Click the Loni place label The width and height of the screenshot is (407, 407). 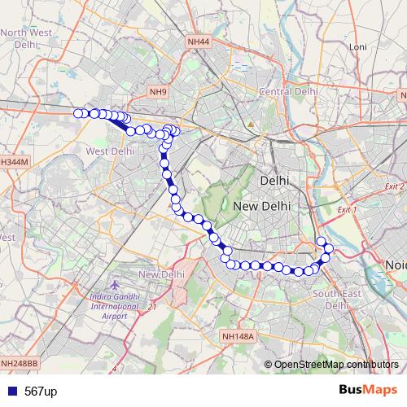click(358, 47)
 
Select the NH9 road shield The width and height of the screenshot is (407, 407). click(159, 93)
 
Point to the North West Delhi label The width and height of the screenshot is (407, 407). click(26, 39)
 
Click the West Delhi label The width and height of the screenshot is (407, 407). click(109, 151)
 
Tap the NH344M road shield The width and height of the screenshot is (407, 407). click(14, 162)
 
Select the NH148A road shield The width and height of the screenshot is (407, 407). click(238, 335)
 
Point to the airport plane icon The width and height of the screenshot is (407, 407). click(113, 287)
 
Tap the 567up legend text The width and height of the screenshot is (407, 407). click(40, 392)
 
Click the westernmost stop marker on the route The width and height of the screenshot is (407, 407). click(78, 113)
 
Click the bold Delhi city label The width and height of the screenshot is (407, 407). click(274, 180)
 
